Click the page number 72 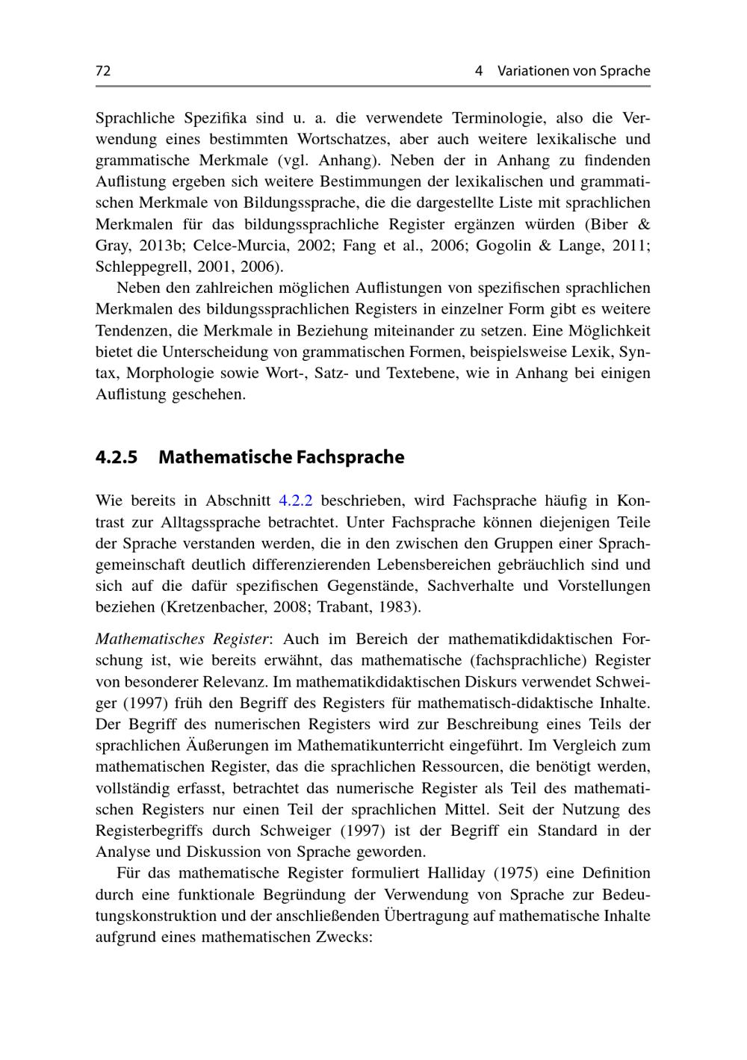[103, 71]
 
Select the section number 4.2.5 [117, 457]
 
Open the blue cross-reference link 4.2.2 [295, 500]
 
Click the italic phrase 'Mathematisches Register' [182, 639]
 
